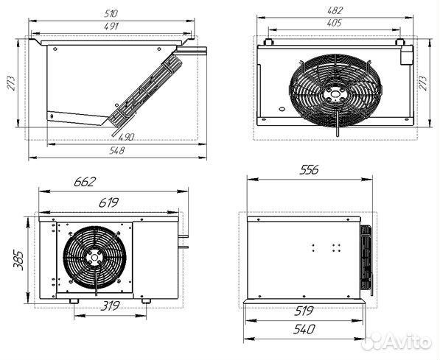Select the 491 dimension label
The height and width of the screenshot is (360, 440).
(111, 26)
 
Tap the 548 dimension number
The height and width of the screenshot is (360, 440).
(116, 151)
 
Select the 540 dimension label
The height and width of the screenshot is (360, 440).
(304, 328)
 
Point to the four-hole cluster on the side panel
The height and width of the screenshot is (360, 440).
(325, 248)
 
